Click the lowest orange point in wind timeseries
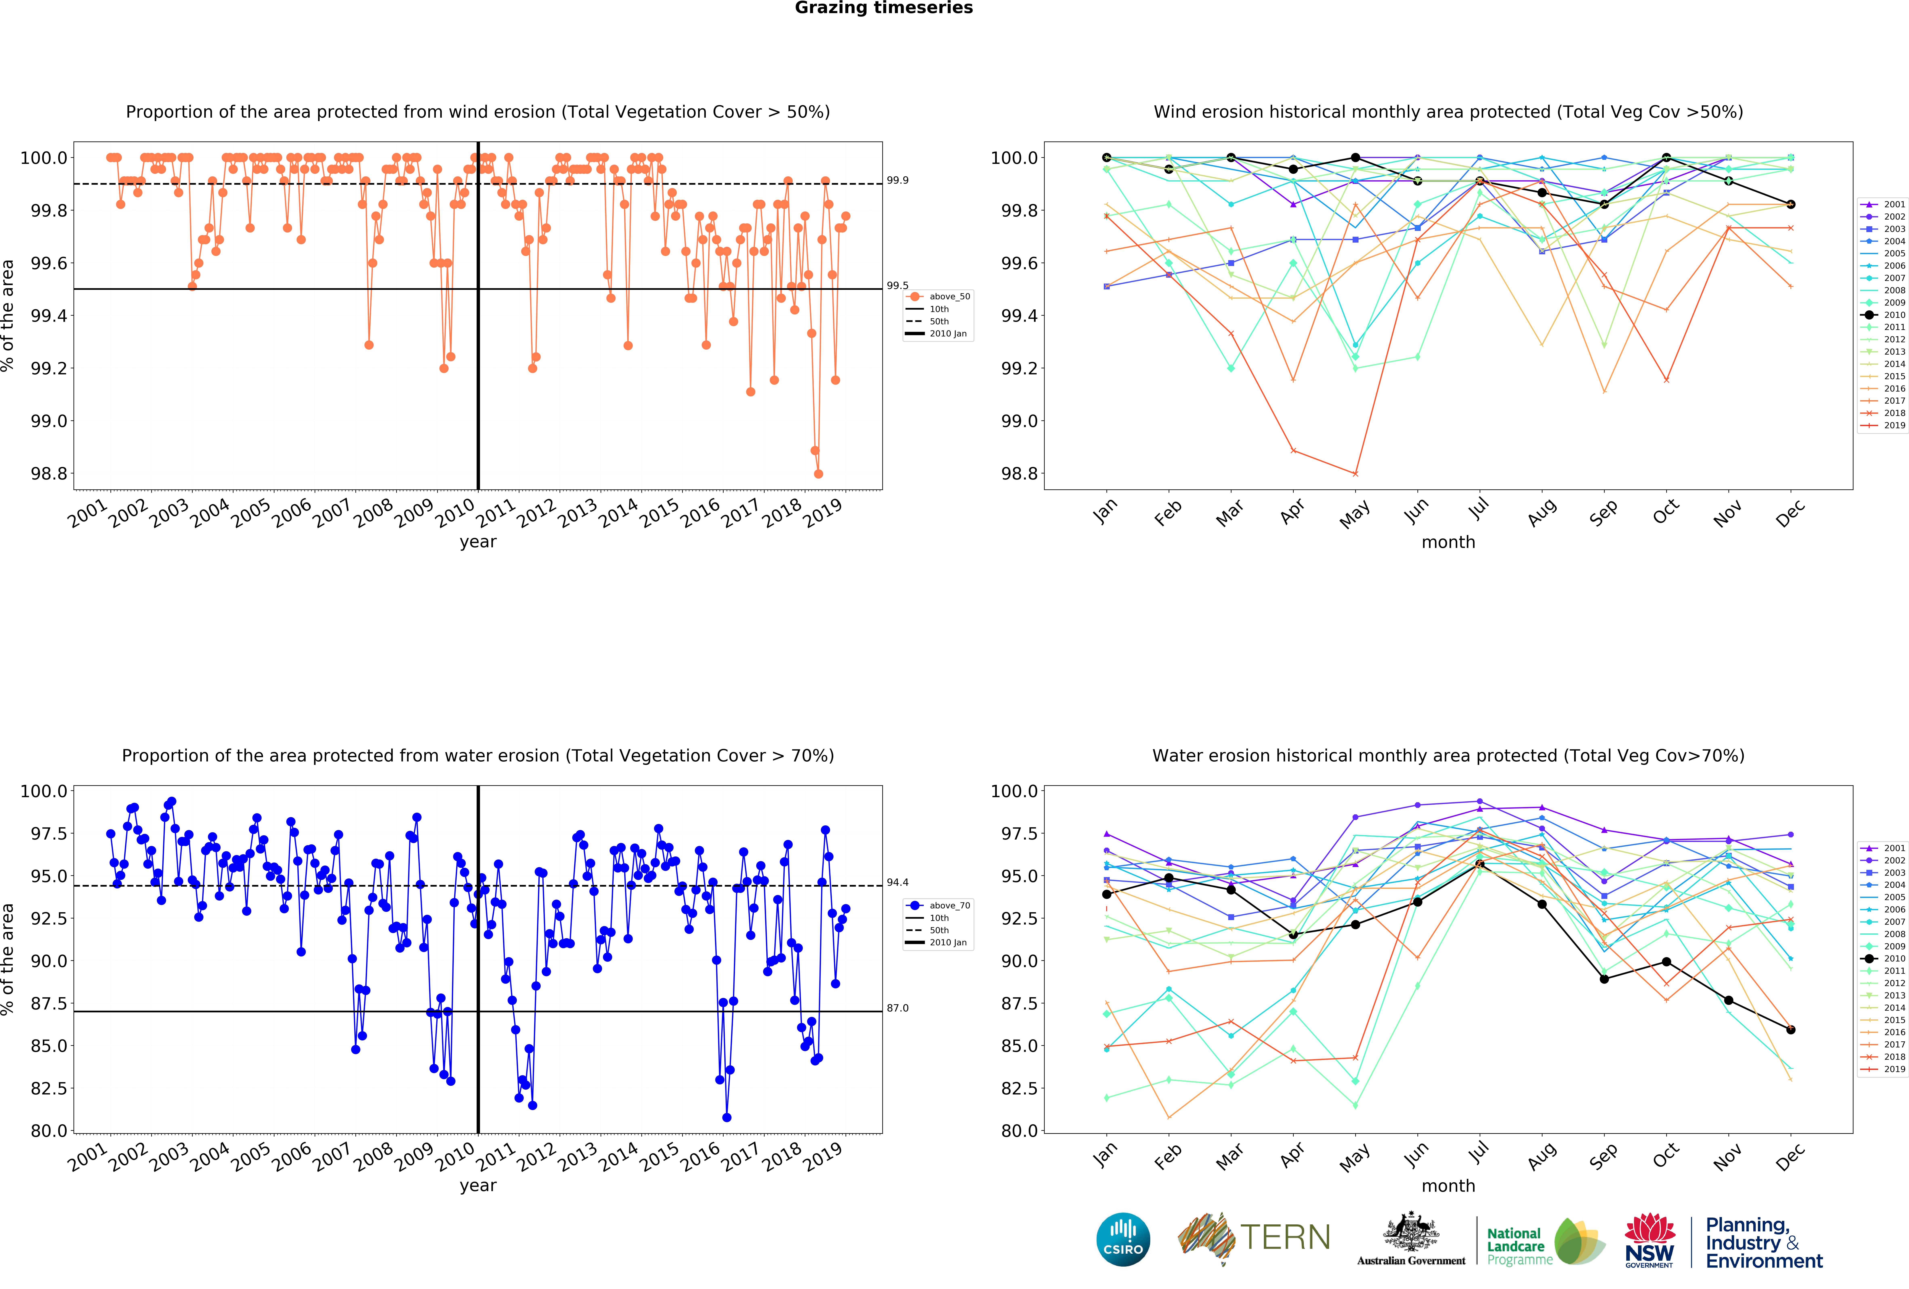pyautogui.click(x=818, y=474)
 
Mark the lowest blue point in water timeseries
pyautogui.click(x=726, y=1117)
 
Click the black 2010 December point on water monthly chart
pyautogui.click(x=1791, y=1029)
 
